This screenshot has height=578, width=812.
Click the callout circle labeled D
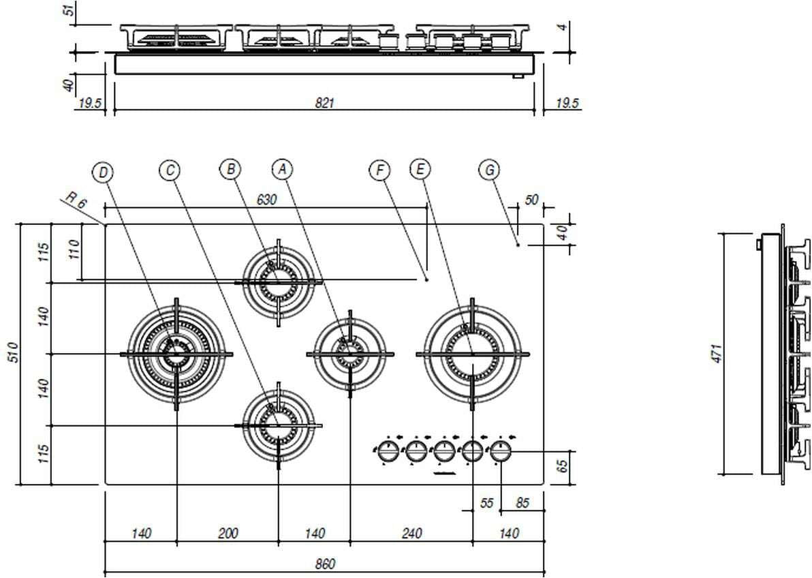(104, 172)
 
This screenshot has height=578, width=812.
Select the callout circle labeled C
(170, 170)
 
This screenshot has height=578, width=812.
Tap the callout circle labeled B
(230, 169)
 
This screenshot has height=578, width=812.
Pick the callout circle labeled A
(282, 169)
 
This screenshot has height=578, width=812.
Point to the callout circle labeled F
(380, 170)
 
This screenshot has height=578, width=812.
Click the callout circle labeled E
(420, 169)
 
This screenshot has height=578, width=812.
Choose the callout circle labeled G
(490, 170)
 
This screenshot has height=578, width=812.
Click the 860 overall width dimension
(325, 564)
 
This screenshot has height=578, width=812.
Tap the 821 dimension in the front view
(325, 103)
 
